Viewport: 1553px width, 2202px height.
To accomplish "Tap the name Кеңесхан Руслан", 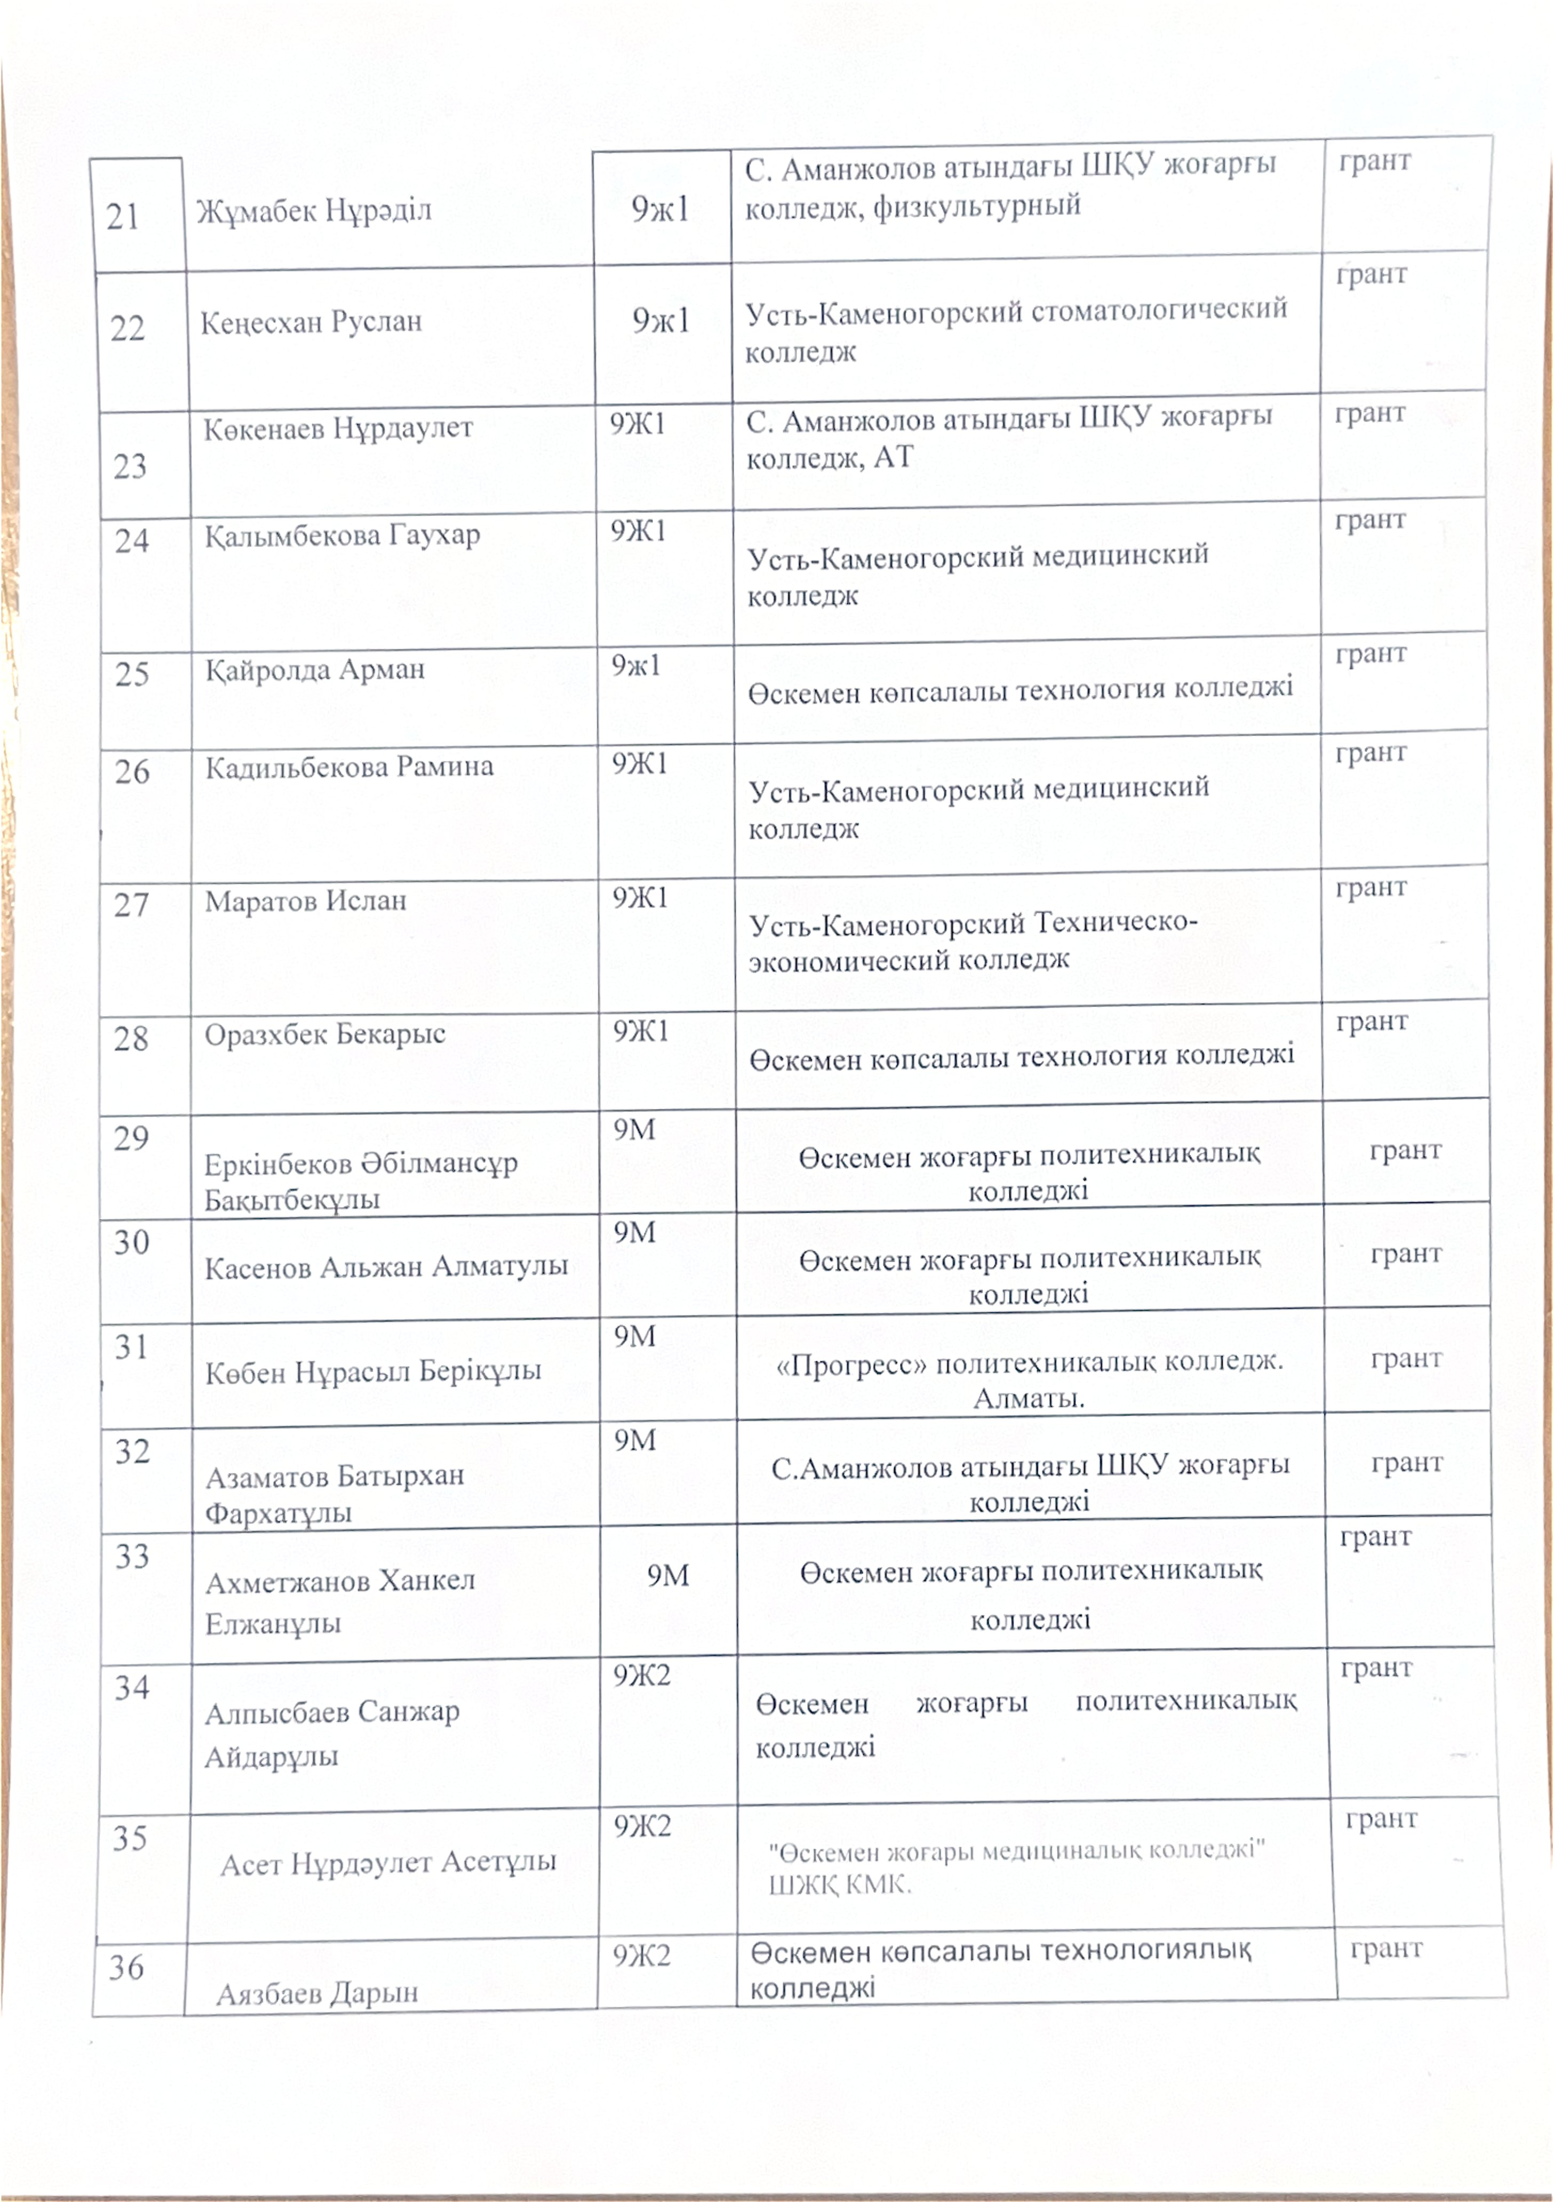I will [x=311, y=321].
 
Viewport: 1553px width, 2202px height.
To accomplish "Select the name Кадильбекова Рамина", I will [x=349, y=767].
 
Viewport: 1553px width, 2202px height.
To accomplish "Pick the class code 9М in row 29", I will [x=634, y=1130].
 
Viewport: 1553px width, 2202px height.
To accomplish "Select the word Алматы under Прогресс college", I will [x=1028, y=1399].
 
